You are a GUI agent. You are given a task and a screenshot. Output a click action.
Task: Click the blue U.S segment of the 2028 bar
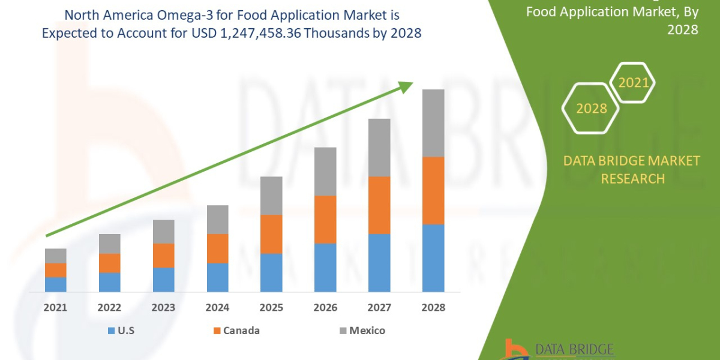(x=433, y=258)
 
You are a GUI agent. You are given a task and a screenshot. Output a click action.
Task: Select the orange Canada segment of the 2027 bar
(x=379, y=205)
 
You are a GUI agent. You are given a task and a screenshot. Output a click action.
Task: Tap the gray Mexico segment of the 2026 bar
(x=325, y=171)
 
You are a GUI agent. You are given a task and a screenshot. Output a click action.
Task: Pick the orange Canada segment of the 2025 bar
(x=271, y=234)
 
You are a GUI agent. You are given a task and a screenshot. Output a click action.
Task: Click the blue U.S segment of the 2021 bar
(x=56, y=284)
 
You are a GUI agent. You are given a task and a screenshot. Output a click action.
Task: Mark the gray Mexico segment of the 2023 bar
(x=163, y=232)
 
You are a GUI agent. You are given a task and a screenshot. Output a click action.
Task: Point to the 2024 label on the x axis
(x=217, y=307)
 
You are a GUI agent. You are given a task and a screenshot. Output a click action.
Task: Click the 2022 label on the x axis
(x=110, y=307)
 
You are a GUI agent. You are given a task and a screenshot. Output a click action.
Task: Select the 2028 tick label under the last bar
(x=433, y=307)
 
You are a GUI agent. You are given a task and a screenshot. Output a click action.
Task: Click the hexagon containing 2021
(x=633, y=83)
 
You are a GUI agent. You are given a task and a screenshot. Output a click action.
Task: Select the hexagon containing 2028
(x=590, y=109)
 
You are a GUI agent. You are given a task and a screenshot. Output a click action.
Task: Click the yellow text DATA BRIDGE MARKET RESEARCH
(x=632, y=169)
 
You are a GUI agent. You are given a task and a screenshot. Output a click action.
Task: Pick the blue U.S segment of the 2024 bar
(x=217, y=277)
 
